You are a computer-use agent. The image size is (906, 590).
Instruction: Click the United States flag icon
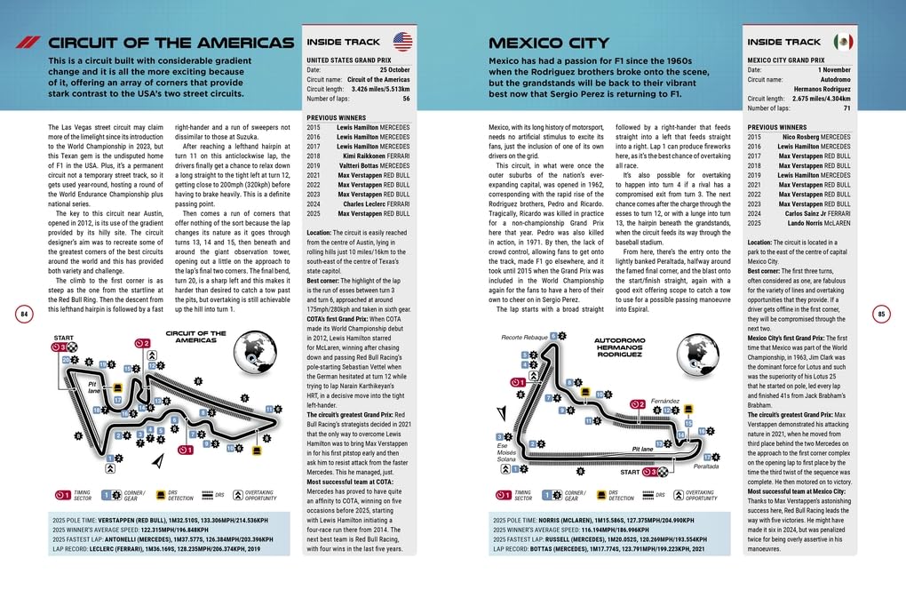[402, 42]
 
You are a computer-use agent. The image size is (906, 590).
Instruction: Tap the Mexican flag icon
[843, 42]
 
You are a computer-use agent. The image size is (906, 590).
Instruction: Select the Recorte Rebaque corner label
[524, 338]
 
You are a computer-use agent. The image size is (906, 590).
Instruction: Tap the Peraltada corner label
[706, 466]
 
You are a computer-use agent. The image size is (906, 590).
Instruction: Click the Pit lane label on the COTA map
[92, 388]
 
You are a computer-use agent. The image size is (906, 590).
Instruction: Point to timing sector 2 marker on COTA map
[141, 343]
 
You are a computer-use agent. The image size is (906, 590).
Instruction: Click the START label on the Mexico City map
[629, 472]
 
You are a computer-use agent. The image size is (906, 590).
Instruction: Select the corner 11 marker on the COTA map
[268, 410]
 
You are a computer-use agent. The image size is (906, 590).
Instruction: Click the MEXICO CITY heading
[549, 43]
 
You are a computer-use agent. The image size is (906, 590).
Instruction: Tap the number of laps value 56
[406, 99]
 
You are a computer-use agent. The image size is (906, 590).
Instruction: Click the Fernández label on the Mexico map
[664, 401]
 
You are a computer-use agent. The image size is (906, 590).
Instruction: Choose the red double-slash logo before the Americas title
[28, 43]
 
